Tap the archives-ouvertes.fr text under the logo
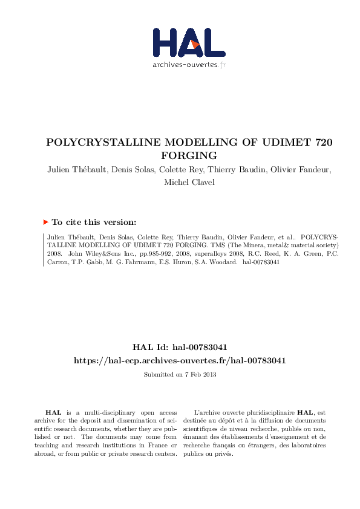(x=189, y=65)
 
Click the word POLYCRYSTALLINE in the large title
(x=100, y=143)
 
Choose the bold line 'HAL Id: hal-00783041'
(x=180, y=348)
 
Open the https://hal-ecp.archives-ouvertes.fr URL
(x=180, y=360)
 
